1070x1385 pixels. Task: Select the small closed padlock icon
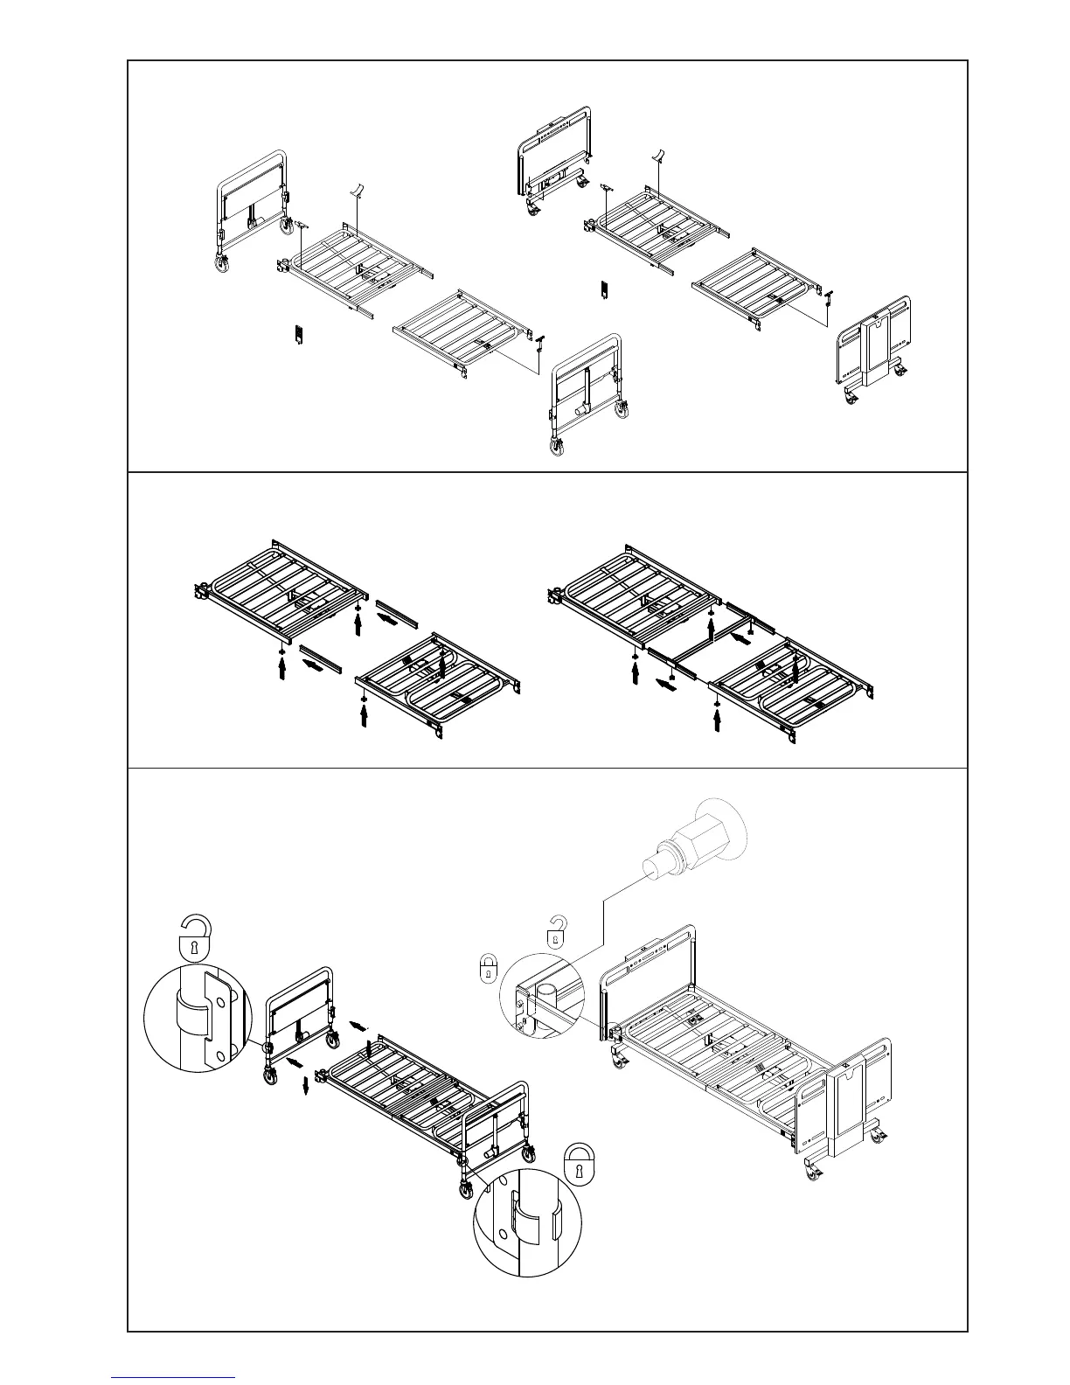coord(489,968)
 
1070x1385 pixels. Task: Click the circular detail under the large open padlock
coord(193,1020)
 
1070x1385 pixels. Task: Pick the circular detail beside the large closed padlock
coord(527,1221)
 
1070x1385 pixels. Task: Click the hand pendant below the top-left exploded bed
coord(298,334)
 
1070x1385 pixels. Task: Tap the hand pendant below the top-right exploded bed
coord(602,289)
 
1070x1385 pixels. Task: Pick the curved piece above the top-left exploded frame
coord(358,190)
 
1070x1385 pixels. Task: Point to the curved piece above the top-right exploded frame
coord(662,157)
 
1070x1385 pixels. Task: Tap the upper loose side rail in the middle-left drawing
coord(397,613)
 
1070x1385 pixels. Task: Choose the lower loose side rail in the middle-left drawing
coord(321,658)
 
